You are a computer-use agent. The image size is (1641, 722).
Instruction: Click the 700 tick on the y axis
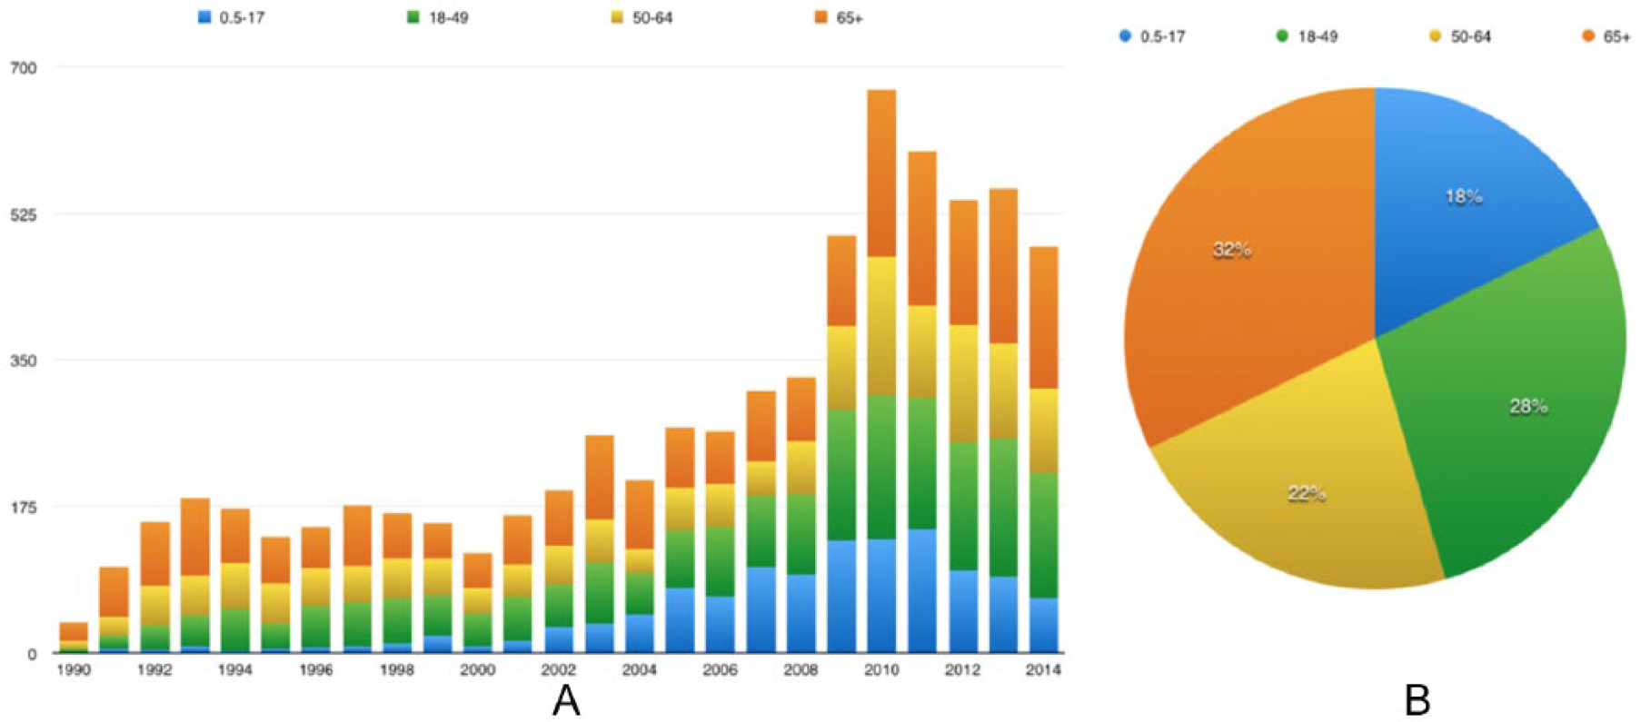click(x=24, y=68)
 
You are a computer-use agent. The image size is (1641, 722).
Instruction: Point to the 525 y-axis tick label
click(x=24, y=214)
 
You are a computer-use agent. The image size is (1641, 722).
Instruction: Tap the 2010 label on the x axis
click(x=881, y=670)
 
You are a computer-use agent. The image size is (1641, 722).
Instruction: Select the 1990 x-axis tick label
click(x=74, y=670)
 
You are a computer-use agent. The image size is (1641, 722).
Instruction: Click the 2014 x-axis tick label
click(x=1043, y=670)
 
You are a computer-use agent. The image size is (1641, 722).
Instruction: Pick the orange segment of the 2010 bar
click(x=881, y=173)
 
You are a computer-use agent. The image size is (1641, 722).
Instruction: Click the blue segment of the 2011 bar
click(x=922, y=590)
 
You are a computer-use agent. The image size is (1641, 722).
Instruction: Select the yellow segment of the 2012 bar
click(x=963, y=383)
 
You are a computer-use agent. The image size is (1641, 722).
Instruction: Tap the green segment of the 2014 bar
click(x=1043, y=535)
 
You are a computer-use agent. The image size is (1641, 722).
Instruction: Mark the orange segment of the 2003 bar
click(x=599, y=477)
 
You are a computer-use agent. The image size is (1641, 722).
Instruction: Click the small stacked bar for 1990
click(x=74, y=638)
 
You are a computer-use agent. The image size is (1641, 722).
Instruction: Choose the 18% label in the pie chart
click(x=1464, y=196)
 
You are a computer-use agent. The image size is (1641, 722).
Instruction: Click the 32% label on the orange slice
click(x=1232, y=250)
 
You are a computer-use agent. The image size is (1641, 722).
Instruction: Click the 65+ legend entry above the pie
click(x=1606, y=37)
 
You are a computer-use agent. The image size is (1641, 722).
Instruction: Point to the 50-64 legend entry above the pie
click(x=1460, y=37)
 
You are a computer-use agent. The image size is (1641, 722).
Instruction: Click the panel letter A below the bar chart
click(x=566, y=700)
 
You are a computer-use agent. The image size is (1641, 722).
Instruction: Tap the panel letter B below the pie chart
click(x=1417, y=700)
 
